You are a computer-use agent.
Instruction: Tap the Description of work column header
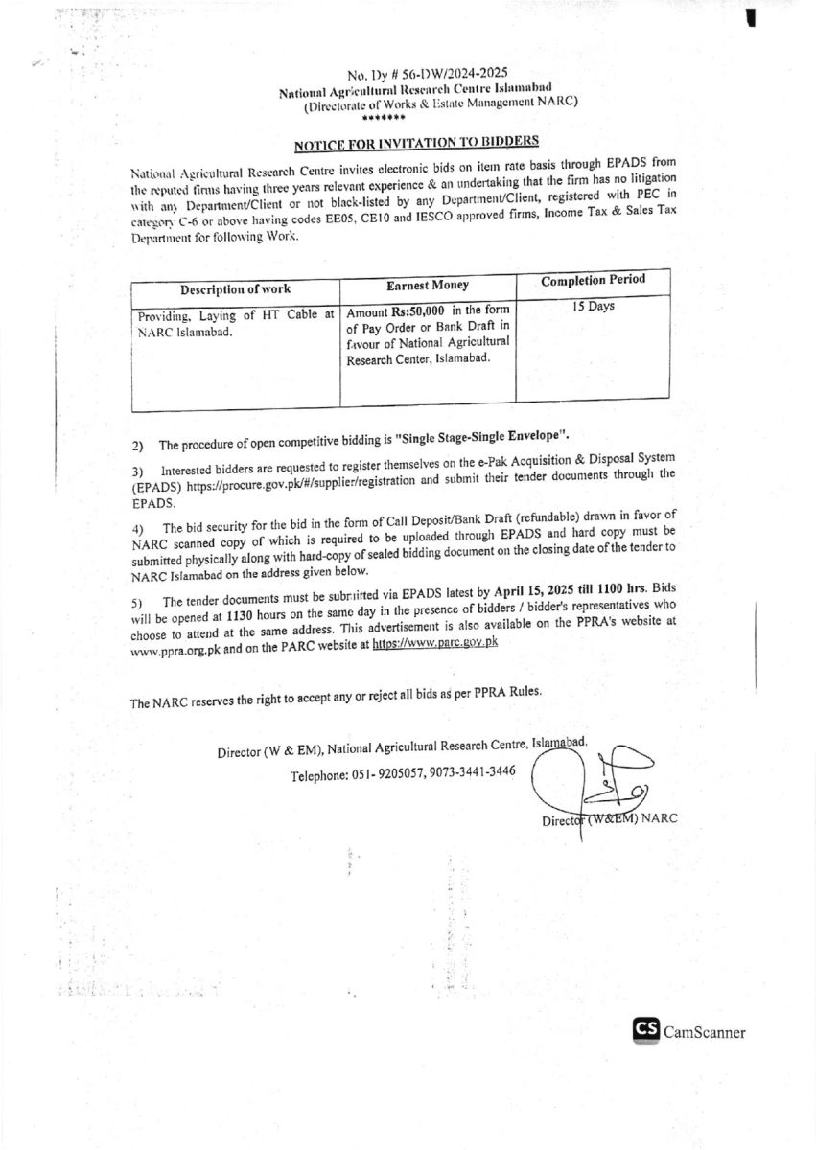(x=235, y=289)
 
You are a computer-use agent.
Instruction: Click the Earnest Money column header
(x=428, y=286)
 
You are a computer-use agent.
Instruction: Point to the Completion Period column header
(x=593, y=280)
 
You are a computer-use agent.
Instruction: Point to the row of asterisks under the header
(x=384, y=117)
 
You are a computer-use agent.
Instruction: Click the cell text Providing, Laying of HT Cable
(x=235, y=314)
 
